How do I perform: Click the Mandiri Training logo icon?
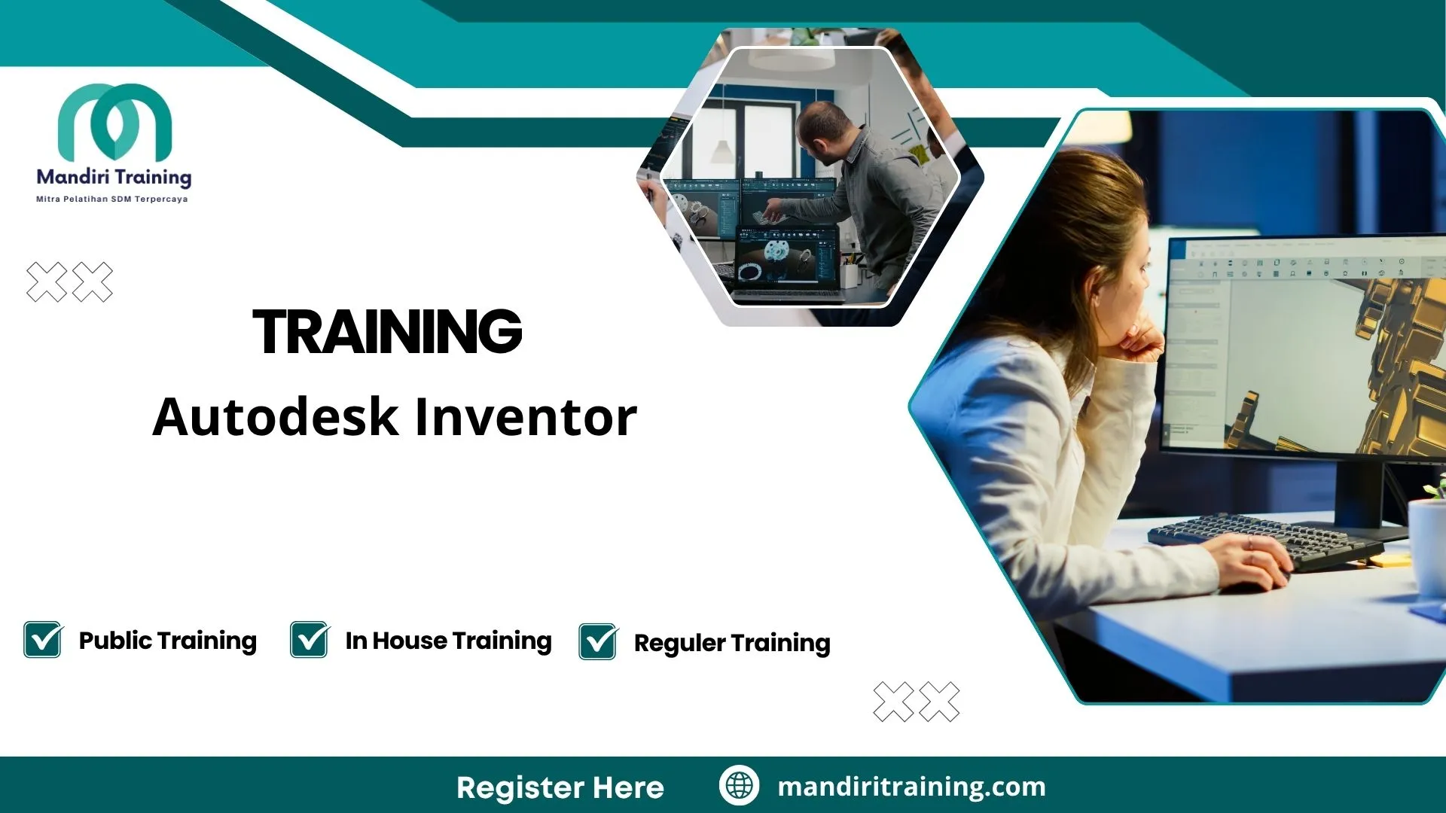click(114, 122)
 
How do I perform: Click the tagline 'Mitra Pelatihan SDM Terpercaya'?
click(112, 199)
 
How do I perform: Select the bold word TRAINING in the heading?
click(387, 331)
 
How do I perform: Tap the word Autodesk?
click(275, 417)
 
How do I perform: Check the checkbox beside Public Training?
click(43, 640)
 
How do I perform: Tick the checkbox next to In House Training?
click(310, 640)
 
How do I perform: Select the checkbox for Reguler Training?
click(598, 642)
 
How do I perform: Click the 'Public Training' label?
click(167, 641)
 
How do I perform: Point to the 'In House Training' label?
click(448, 641)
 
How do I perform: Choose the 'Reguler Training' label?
click(732, 643)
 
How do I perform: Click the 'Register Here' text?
click(560, 787)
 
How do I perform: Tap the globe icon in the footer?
click(739, 785)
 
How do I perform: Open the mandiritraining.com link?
click(911, 787)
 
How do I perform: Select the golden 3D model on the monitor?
click(1393, 361)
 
